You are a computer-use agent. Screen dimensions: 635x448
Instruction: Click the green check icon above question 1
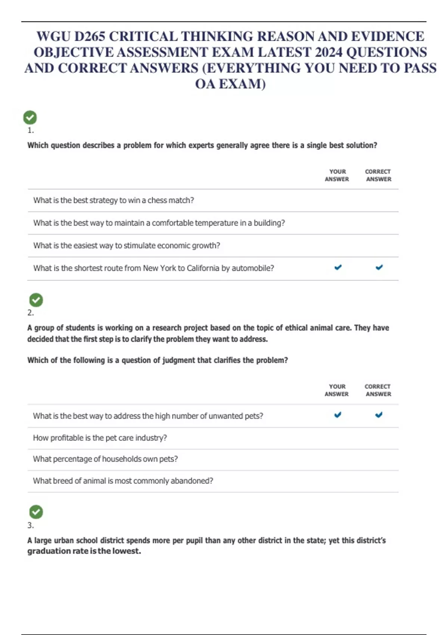pyautogui.click(x=30, y=118)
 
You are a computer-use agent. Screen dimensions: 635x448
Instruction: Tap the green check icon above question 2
pyautogui.click(x=36, y=300)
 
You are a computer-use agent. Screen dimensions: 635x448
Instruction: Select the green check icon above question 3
pyautogui.click(x=36, y=512)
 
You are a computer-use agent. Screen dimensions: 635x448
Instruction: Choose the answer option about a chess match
pyautogui.click(x=113, y=201)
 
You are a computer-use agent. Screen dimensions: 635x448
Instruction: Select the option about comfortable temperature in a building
pyautogui.click(x=159, y=223)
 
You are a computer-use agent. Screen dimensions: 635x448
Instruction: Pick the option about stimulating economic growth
pyautogui.click(x=127, y=246)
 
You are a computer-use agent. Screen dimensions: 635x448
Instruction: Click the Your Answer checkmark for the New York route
pyautogui.click(x=338, y=267)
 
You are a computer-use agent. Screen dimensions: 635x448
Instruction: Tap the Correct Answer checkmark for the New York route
pyautogui.click(x=379, y=267)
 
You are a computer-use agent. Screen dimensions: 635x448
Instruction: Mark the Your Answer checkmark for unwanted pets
pyautogui.click(x=337, y=415)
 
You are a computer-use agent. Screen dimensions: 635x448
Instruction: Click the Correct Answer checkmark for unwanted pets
pyautogui.click(x=379, y=415)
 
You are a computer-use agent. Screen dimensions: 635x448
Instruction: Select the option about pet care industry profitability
pyautogui.click(x=100, y=438)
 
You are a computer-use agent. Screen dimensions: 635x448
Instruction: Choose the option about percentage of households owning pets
pyautogui.click(x=105, y=459)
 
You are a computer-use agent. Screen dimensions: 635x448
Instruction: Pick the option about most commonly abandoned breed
pyautogui.click(x=123, y=481)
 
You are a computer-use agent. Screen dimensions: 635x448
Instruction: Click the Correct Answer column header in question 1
pyautogui.click(x=378, y=175)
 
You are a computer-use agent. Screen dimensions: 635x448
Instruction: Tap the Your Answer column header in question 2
pyautogui.click(x=337, y=390)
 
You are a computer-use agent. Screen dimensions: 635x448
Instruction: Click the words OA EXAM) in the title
pyautogui.click(x=230, y=84)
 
